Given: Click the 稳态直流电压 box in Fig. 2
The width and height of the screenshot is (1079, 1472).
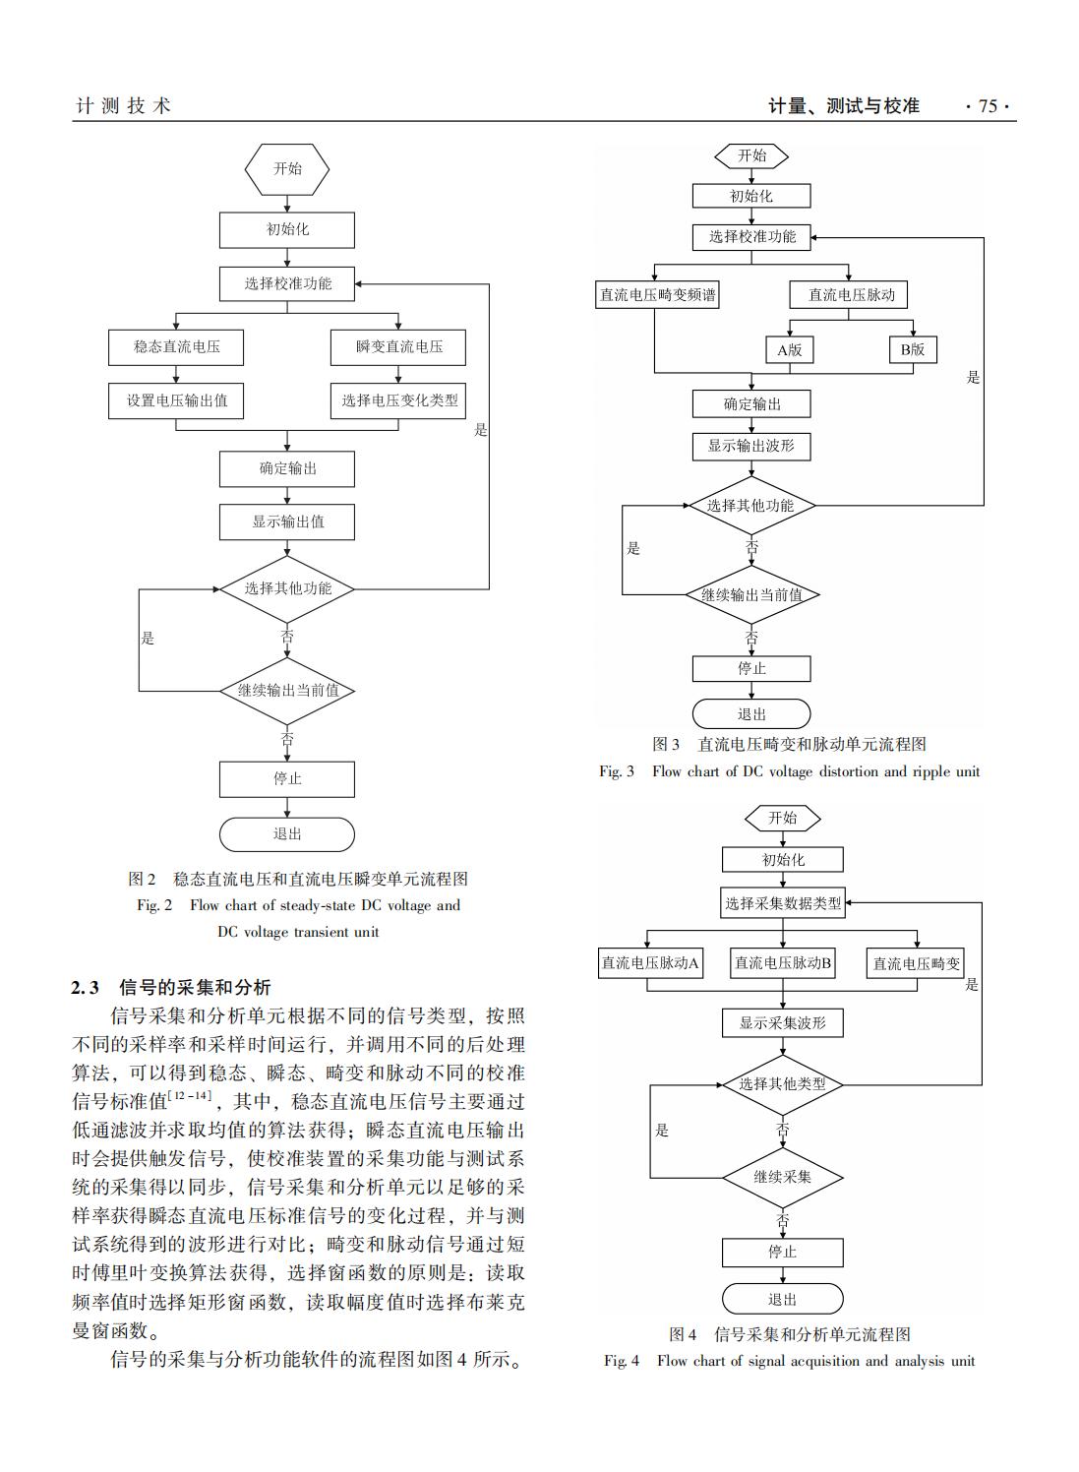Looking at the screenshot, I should [176, 347].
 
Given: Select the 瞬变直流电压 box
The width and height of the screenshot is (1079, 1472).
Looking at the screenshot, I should [398, 347].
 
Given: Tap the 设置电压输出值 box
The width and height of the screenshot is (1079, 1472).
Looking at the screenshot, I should [176, 401].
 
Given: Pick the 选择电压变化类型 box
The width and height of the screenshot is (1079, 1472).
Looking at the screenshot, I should [398, 401].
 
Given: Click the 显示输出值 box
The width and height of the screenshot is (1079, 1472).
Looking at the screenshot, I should [286, 521].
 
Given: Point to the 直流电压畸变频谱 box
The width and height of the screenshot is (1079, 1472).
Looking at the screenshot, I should [658, 295].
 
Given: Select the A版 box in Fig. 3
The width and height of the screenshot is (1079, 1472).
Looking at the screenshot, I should [789, 350].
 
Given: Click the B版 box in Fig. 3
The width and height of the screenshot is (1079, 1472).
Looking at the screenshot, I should [912, 350].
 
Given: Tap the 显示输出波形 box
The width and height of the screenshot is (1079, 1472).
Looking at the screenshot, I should [751, 447].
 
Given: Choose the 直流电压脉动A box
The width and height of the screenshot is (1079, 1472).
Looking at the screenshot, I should [650, 964].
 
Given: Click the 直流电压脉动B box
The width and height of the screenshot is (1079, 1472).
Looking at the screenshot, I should [783, 964].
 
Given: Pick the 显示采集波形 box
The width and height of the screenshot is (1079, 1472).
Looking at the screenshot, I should [783, 1023].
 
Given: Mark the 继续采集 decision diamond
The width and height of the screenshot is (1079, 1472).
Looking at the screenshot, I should [783, 1177].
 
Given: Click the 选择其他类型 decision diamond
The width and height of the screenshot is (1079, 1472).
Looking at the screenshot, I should [783, 1084].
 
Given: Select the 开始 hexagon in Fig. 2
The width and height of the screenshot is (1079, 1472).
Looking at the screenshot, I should [287, 169].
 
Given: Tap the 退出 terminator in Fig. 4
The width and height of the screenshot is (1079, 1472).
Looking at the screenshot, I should [783, 1300].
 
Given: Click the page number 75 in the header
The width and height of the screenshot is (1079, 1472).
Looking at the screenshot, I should [988, 106].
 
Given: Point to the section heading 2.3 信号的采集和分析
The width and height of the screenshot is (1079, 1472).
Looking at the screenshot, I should [171, 987].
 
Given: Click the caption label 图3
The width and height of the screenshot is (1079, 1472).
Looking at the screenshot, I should [666, 745].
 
